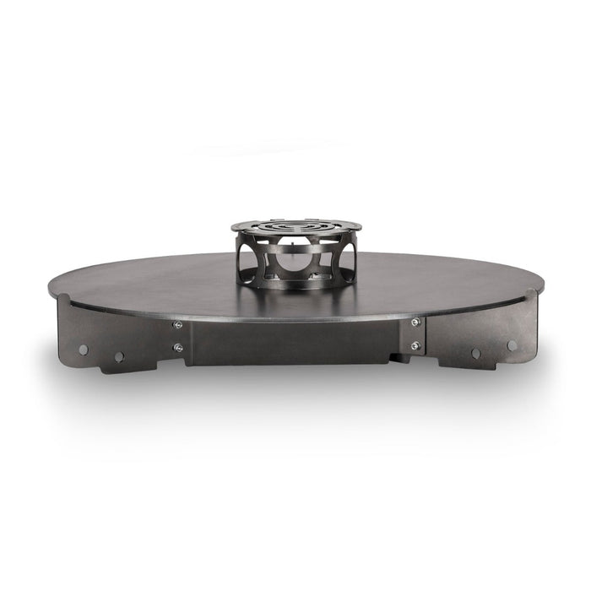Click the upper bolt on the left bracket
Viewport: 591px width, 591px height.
pyautogui.click(x=176, y=325)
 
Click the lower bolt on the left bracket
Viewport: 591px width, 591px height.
pyautogui.click(x=176, y=346)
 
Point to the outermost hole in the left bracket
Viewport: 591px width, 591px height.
pyautogui.click(x=83, y=348)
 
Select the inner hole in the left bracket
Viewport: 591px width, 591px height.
pyautogui.click(x=119, y=356)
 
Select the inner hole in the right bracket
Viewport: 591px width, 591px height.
pyautogui.click(x=475, y=354)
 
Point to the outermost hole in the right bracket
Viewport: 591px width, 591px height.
pyautogui.click(x=510, y=344)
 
